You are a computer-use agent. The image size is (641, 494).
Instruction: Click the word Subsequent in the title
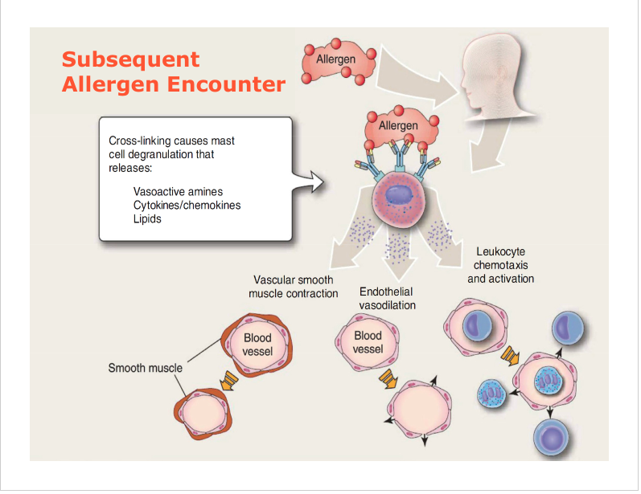pos(130,59)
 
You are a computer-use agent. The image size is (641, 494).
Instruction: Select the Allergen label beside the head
pos(335,59)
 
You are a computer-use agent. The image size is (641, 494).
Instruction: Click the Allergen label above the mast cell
pos(398,126)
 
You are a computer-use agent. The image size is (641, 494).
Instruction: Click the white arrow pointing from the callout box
pos(307,180)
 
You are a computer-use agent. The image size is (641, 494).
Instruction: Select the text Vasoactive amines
pos(178,192)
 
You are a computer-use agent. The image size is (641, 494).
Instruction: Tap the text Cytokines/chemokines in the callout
pos(187,206)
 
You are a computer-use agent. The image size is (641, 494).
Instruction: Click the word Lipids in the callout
pos(147,219)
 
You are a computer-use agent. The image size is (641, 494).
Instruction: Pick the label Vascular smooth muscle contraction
pos(293,287)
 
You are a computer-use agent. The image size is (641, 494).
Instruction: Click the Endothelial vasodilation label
pos(387,299)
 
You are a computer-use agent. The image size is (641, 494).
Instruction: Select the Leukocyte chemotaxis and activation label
pos(500,265)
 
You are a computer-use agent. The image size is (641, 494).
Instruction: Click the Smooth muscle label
pos(145,368)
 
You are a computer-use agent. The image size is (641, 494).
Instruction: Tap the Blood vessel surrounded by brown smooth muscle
pos(257,345)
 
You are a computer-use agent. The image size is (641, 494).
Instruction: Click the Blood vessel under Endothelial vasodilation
pos(368,342)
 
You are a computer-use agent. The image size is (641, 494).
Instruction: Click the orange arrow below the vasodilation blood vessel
pos(388,378)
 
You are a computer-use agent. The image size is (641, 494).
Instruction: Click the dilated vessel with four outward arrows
pos(417,408)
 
